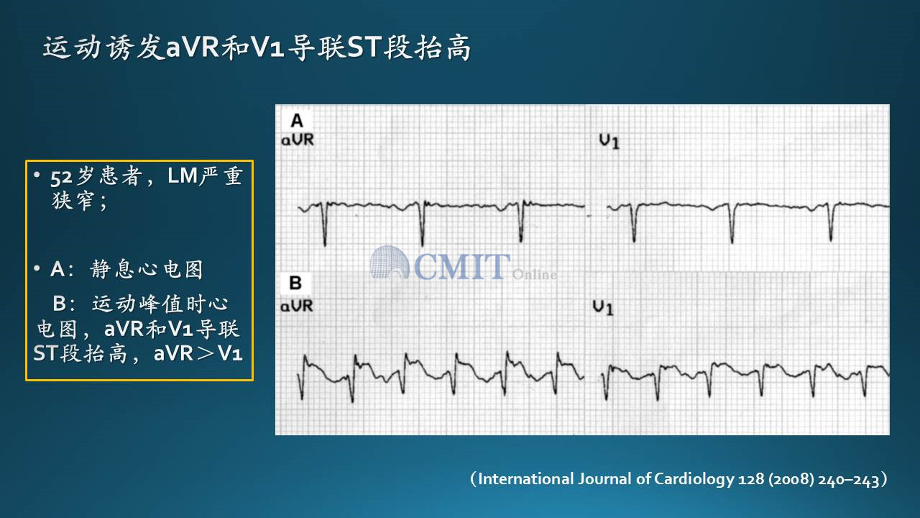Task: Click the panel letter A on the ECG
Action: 297,121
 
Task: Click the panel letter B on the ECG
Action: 295,283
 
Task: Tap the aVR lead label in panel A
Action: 298,140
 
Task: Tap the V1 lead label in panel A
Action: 609,142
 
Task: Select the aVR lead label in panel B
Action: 297,306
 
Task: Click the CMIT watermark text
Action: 462,266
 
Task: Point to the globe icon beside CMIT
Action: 389,263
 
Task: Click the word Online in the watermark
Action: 534,274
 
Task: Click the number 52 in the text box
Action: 61,178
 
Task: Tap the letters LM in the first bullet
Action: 183,176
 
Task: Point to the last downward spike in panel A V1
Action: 831,222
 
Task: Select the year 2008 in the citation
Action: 791,480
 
